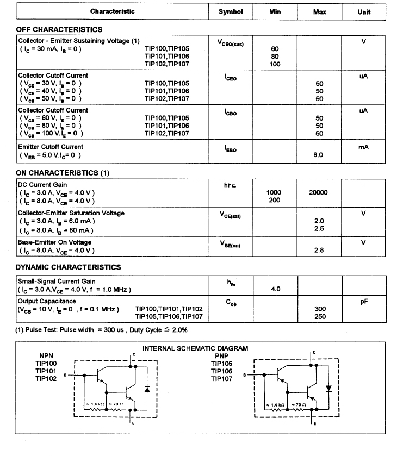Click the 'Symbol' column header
[x=231, y=11]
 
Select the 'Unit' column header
[x=364, y=11]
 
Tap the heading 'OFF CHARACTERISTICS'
[x=59, y=29]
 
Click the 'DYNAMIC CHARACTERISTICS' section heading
[x=69, y=267]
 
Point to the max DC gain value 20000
[x=318, y=192]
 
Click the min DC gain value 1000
[x=274, y=192]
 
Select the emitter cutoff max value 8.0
[x=319, y=155]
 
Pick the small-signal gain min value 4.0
[x=275, y=289]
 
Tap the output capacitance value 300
[x=320, y=309]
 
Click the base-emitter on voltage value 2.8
[x=319, y=250]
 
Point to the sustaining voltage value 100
[x=275, y=64]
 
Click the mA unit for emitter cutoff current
[x=363, y=147]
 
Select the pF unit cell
[x=364, y=301]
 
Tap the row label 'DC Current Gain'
[x=43, y=185]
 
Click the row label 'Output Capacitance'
[x=47, y=301]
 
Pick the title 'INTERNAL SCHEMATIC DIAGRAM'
[x=195, y=348]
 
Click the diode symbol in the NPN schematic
[x=147, y=390]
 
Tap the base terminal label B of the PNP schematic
[x=244, y=375]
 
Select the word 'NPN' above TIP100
[x=46, y=356]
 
